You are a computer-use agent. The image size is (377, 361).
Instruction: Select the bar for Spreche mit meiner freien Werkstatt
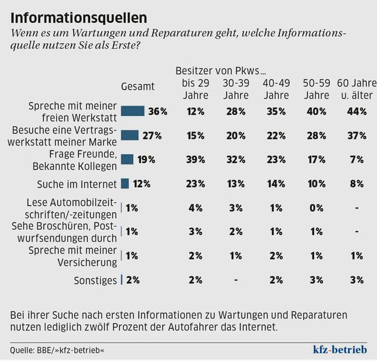point(132,111)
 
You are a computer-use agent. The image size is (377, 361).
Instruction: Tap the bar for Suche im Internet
point(125,184)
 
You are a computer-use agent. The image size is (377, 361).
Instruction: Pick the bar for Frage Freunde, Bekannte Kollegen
point(126,159)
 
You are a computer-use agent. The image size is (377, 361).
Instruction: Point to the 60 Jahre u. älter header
point(355,89)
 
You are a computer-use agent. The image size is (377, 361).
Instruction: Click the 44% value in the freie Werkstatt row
point(356,111)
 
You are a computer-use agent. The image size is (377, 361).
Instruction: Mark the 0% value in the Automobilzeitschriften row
point(316,208)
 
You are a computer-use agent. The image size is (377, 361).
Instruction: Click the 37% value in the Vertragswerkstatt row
point(356,135)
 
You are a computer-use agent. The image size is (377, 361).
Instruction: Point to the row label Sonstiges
point(95,279)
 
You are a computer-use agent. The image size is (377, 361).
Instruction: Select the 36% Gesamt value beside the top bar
point(158,111)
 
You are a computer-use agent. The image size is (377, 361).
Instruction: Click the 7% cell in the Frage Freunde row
point(356,159)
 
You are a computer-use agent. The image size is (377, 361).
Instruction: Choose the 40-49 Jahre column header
point(276,89)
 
